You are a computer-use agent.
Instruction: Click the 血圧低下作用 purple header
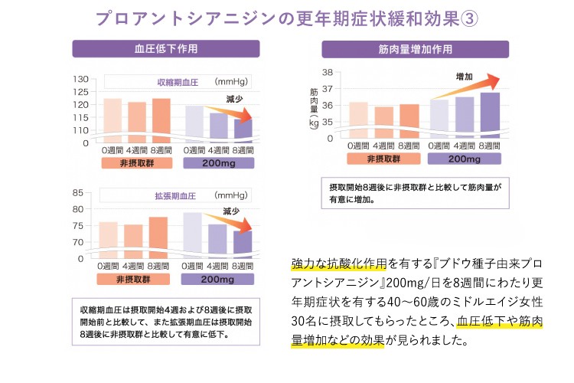pos(166,48)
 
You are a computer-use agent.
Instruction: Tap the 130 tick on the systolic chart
pos(80,80)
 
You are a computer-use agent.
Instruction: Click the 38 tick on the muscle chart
pos(327,73)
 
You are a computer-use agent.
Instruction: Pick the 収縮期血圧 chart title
pos(177,81)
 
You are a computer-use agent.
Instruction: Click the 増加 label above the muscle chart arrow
pos(464,77)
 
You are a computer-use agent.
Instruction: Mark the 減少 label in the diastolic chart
pos(233,211)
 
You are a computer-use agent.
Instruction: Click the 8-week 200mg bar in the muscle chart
pos(490,115)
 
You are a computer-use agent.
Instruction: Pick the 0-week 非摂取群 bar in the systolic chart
pos(113,118)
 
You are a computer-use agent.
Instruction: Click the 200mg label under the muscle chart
pos(465,159)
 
